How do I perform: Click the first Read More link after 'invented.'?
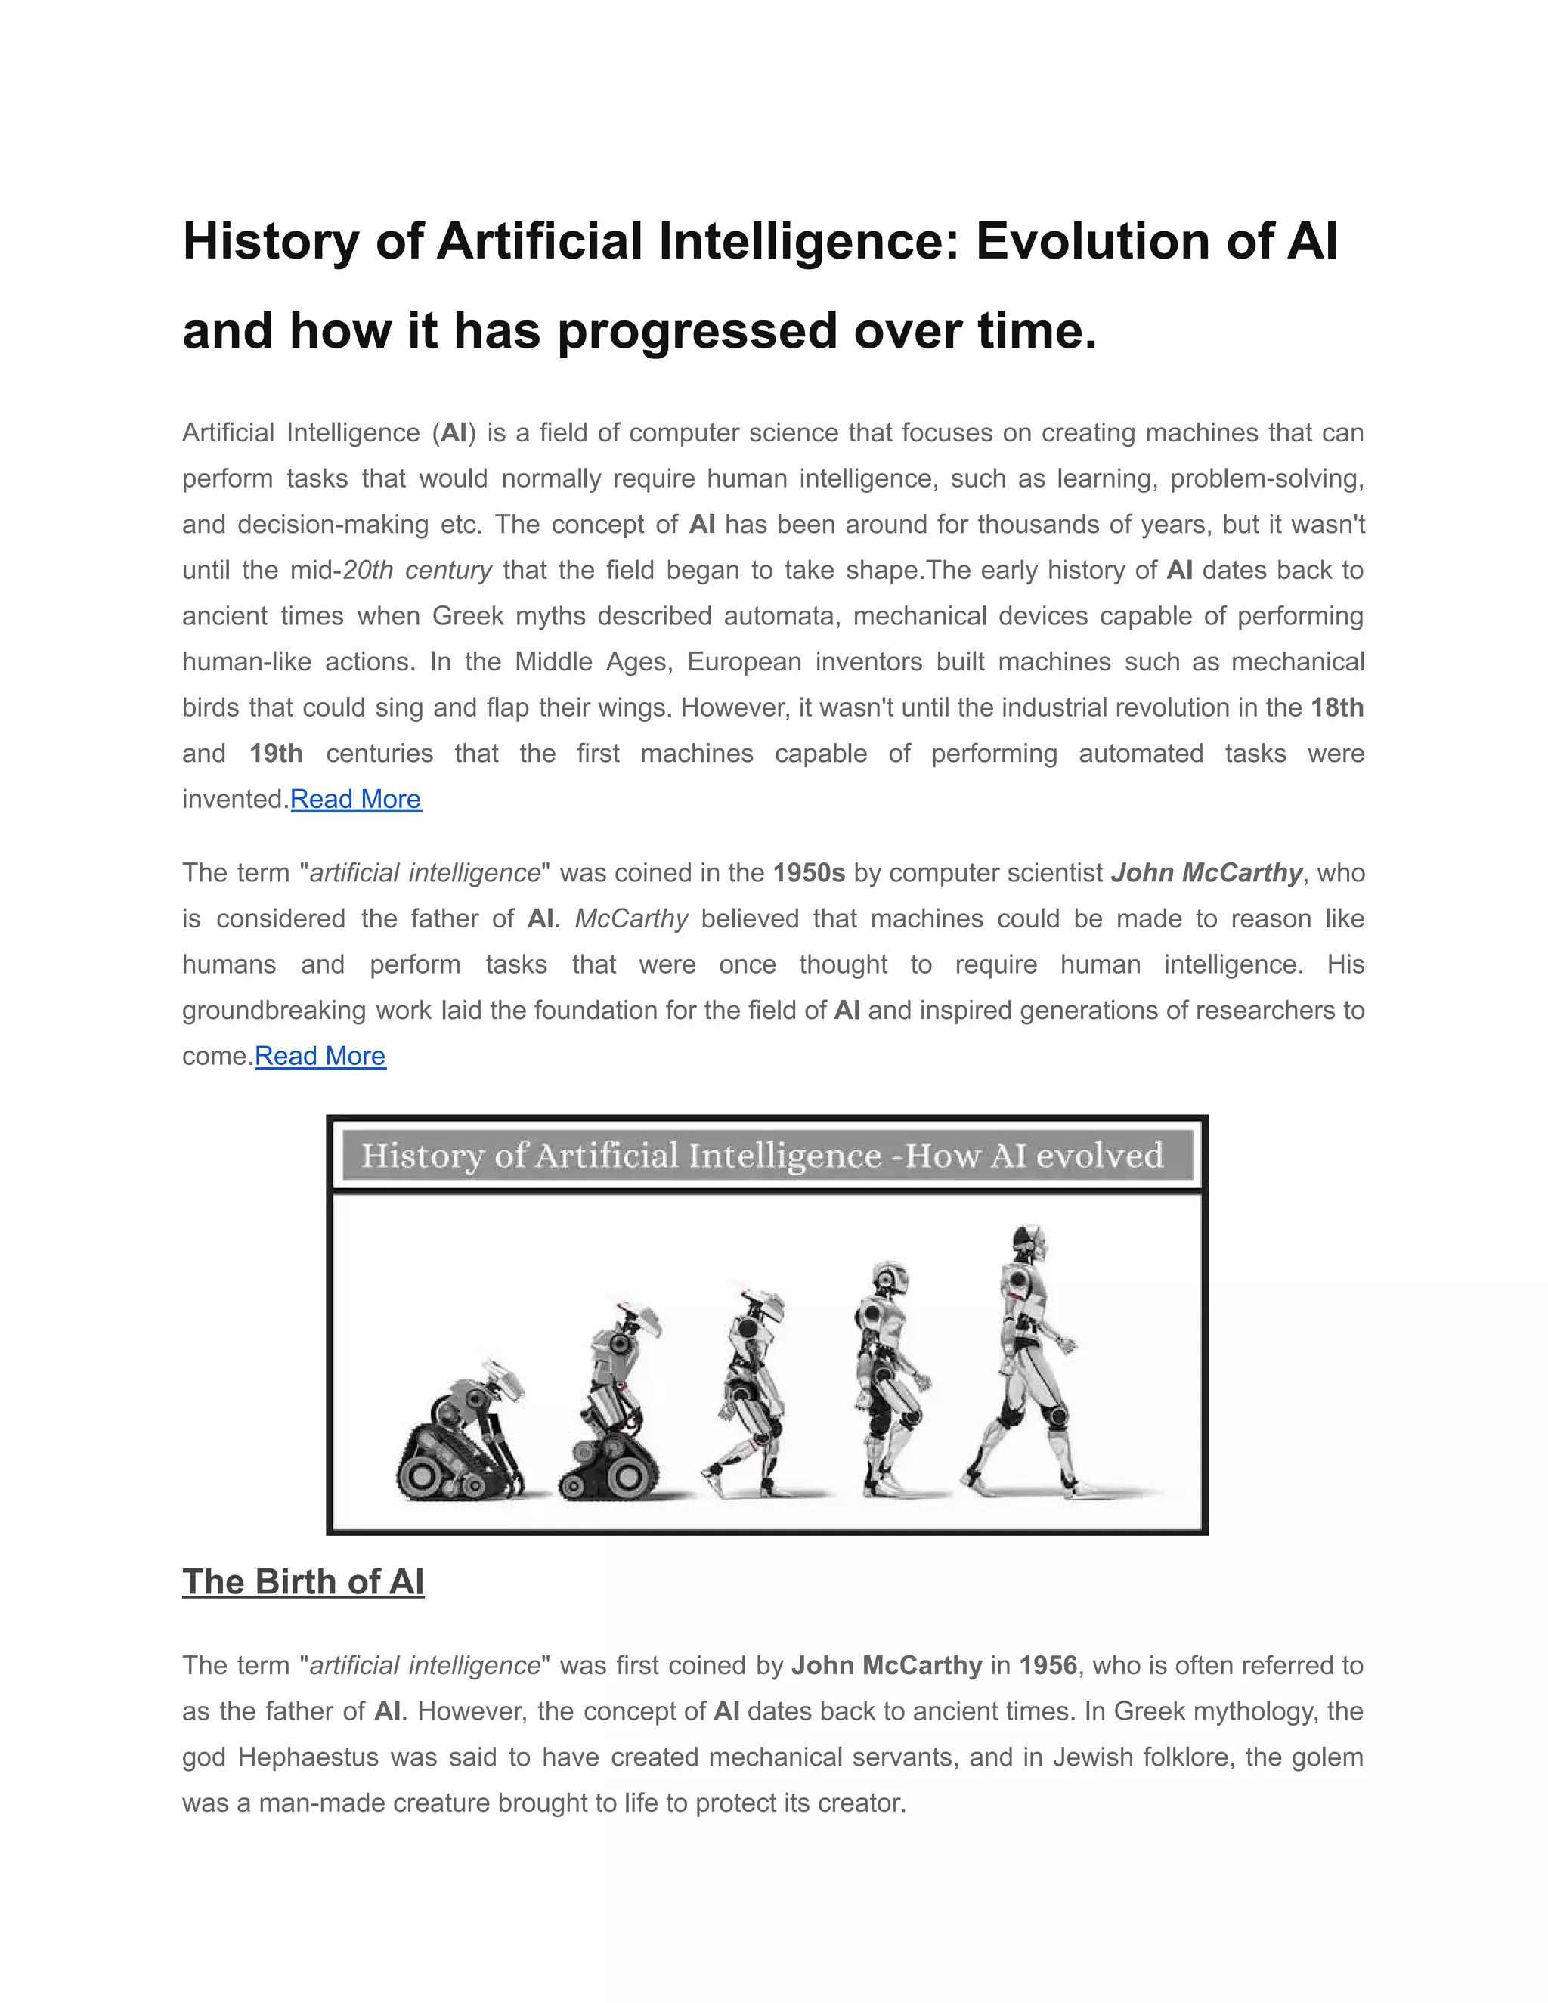356,799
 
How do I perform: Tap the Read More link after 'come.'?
320,1056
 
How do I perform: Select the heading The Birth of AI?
302,1582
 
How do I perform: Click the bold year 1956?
1048,1665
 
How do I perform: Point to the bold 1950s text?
809,872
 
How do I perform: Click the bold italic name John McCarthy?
1206,872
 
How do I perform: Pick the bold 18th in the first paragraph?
1337,707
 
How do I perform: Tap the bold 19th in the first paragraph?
276,753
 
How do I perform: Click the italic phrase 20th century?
417,570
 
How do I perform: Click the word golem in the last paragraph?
1327,1757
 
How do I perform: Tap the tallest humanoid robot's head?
1026,1245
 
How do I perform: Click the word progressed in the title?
697,330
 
